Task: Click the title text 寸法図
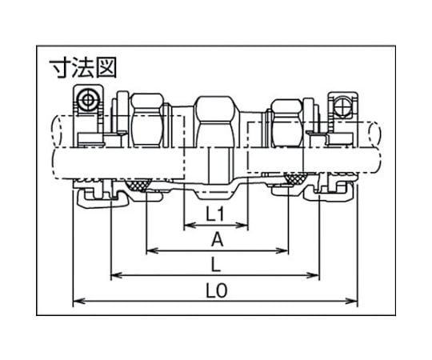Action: (x=83, y=68)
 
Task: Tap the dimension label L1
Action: (x=215, y=214)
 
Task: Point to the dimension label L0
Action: (x=217, y=290)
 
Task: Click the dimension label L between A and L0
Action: (x=216, y=265)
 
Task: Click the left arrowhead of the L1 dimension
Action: (x=189, y=226)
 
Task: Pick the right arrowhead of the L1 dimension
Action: (x=243, y=226)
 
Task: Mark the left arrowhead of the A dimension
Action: (x=152, y=250)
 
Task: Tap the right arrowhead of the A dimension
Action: (x=283, y=250)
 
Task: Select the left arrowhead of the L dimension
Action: (x=116, y=275)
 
